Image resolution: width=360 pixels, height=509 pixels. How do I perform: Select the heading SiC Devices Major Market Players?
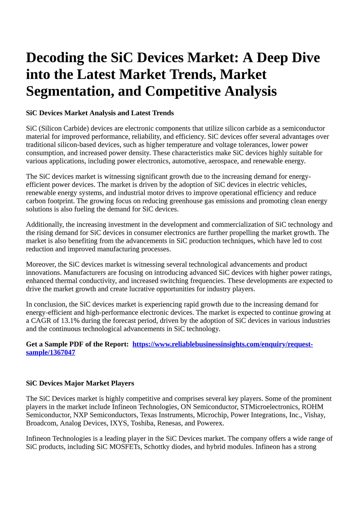click(80, 383)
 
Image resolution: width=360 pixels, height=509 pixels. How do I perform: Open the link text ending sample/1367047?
click(50, 352)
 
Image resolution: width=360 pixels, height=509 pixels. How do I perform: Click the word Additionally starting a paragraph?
click(44, 224)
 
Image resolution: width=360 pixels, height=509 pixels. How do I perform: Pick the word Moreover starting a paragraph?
click(41, 264)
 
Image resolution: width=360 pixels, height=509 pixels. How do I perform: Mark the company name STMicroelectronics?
click(270, 407)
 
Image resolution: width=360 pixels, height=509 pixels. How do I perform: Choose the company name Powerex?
click(210, 423)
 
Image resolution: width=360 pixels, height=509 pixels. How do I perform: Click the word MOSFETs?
click(125, 447)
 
